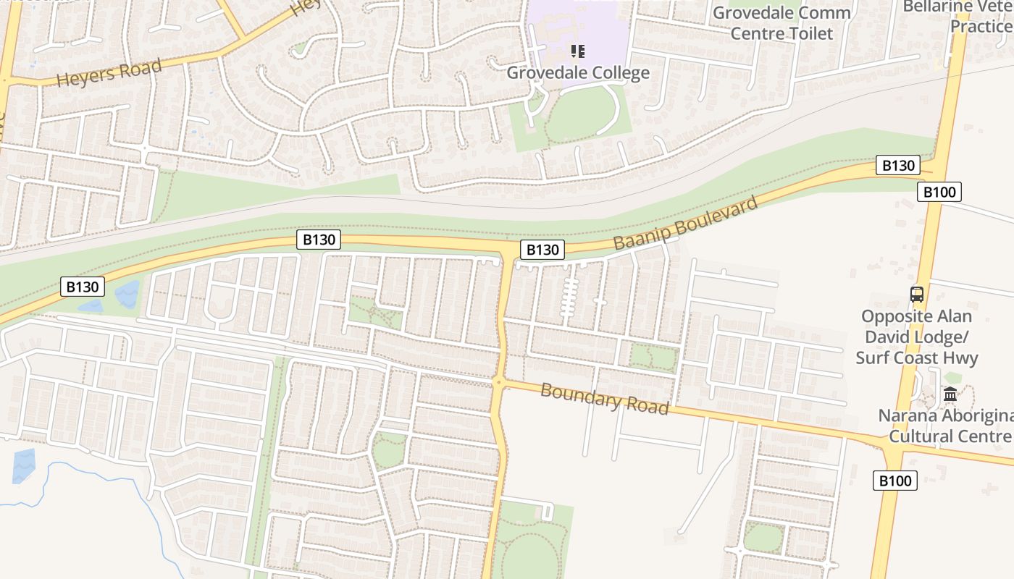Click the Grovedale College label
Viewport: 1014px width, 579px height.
pyautogui.click(x=577, y=72)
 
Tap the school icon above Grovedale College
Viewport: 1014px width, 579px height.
pyautogui.click(x=577, y=51)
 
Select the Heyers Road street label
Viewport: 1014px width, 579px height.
pyautogui.click(x=109, y=72)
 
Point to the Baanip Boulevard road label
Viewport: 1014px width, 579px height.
pyautogui.click(x=685, y=222)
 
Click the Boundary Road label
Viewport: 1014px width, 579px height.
pyautogui.click(x=604, y=399)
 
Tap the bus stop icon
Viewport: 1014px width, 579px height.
pyautogui.click(x=917, y=295)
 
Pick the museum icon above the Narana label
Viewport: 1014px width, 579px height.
pyautogui.click(x=950, y=394)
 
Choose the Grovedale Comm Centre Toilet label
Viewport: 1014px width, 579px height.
pyautogui.click(x=782, y=23)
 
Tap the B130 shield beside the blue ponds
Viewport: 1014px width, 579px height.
pyautogui.click(x=82, y=287)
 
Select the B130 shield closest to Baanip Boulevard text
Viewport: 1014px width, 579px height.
pyautogui.click(x=542, y=250)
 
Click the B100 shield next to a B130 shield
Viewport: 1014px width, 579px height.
pyautogui.click(x=939, y=192)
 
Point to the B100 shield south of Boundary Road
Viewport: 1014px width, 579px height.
pyautogui.click(x=894, y=481)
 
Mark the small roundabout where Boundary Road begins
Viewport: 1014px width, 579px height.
pyautogui.click(x=498, y=381)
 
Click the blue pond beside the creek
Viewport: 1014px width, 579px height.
pyautogui.click(x=23, y=465)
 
